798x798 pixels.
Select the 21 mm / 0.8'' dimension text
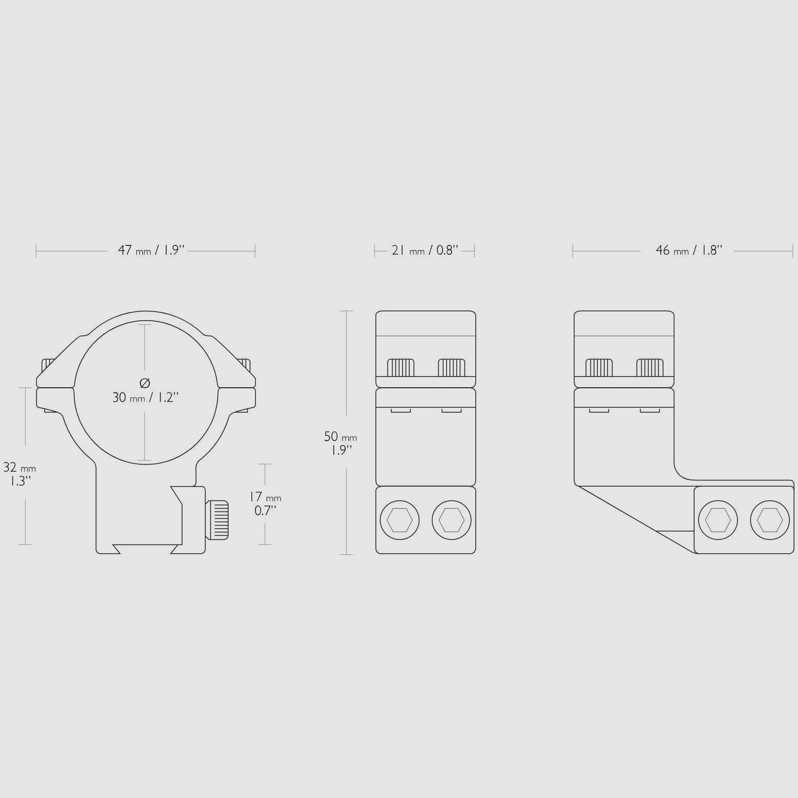425,250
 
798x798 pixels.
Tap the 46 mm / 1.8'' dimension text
689,250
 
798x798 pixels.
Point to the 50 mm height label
340,443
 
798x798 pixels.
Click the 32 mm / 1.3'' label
19,474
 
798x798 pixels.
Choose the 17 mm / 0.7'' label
265,503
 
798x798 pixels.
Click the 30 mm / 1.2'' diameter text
145,397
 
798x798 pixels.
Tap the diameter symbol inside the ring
145,383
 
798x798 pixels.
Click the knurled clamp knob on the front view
217,520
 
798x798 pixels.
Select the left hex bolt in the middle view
400,520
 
